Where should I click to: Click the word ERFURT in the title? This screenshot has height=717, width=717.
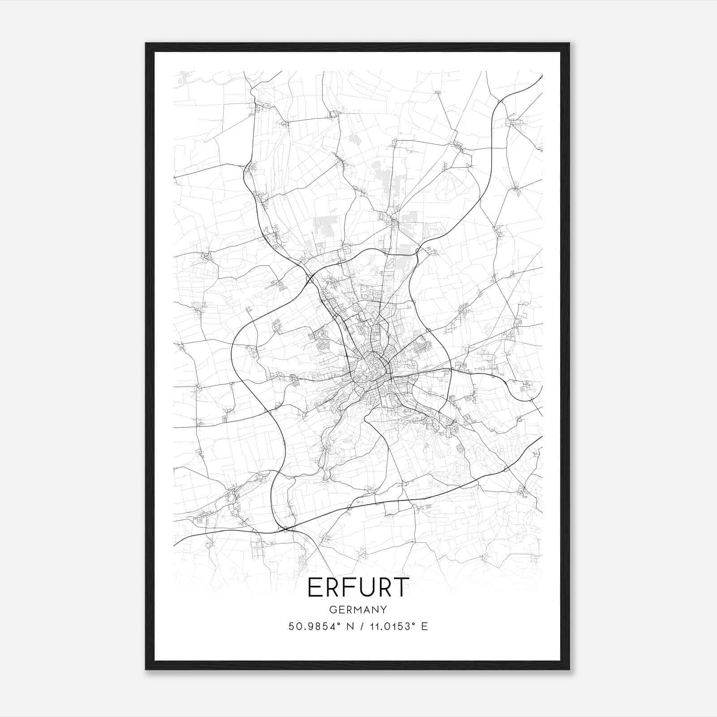point(358,587)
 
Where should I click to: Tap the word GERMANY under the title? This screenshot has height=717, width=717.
point(358,610)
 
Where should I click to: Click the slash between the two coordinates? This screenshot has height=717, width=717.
point(360,626)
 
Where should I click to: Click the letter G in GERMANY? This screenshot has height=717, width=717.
point(333,610)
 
